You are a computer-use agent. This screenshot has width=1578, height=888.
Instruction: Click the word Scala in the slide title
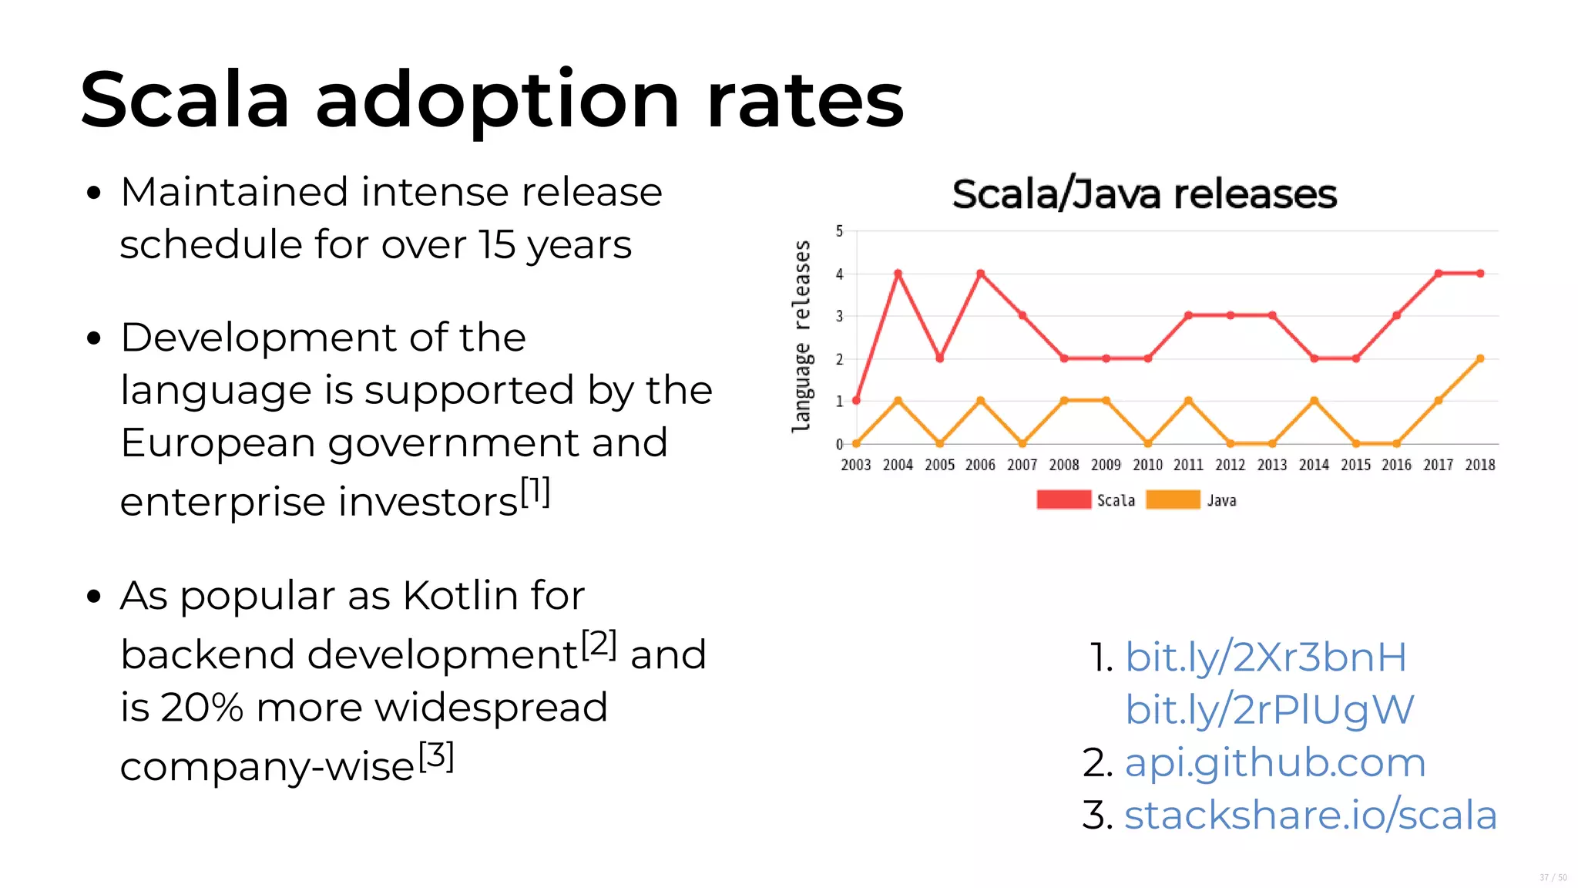(185, 100)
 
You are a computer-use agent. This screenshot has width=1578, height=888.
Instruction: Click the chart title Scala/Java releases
(1144, 194)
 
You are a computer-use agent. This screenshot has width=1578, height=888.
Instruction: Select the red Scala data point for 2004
(898, 274)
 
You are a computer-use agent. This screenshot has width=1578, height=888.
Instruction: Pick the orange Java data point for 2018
(1480, 358)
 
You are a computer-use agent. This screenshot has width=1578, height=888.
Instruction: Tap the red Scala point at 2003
(856, 401)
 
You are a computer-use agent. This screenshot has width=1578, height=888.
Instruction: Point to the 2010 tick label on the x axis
(1147, 465)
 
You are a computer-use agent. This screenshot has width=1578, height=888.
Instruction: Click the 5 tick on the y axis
(840, 231)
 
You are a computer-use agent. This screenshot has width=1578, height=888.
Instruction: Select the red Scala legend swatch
(1063, 499)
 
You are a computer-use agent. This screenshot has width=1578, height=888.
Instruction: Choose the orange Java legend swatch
(1173, 499)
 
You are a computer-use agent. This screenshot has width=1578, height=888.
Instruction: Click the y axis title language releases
(802, 336)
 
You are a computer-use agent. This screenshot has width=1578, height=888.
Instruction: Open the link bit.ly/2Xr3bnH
(1265, 658)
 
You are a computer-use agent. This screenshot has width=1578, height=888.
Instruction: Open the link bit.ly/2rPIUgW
(1269, 710)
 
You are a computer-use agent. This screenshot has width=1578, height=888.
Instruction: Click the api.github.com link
(1275, 762)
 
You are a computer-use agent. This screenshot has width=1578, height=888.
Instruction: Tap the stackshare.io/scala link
(1310, 816)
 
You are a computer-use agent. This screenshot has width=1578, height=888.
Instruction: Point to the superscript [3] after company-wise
(436, 755)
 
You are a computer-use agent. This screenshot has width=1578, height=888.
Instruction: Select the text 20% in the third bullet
(202, 708)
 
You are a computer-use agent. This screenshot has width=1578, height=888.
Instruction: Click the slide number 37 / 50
(1553, 877)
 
